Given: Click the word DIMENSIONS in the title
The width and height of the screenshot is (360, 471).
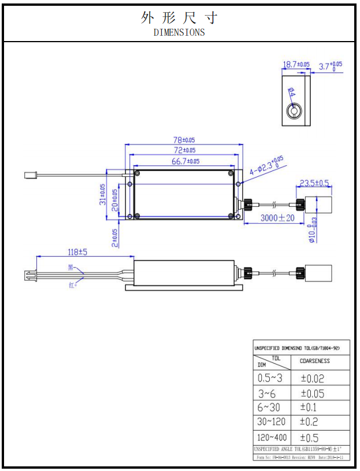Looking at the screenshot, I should (x=179, y=32).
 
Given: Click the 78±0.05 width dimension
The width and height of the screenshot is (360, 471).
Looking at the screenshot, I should (x=184, y=140).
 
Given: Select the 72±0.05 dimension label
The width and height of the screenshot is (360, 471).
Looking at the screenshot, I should (x=184, y=150).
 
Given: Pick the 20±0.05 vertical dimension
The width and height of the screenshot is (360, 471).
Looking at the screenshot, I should (x=114, y=199).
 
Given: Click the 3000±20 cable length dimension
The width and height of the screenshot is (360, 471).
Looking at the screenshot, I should (x=277, y=218).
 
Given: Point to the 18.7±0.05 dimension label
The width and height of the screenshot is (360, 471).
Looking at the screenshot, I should (x=296, y=65).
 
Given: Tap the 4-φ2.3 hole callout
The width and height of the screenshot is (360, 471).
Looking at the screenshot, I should (x=266, y=166).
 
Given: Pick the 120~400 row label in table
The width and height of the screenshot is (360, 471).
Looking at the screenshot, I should (x=272, y=437).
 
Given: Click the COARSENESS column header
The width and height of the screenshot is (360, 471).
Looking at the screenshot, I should (x=314, y=361).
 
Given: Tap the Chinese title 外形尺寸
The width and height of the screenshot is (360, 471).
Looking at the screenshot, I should (x=179, y=17).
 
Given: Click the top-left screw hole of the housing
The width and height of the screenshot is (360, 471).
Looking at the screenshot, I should (x=138, y=173).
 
